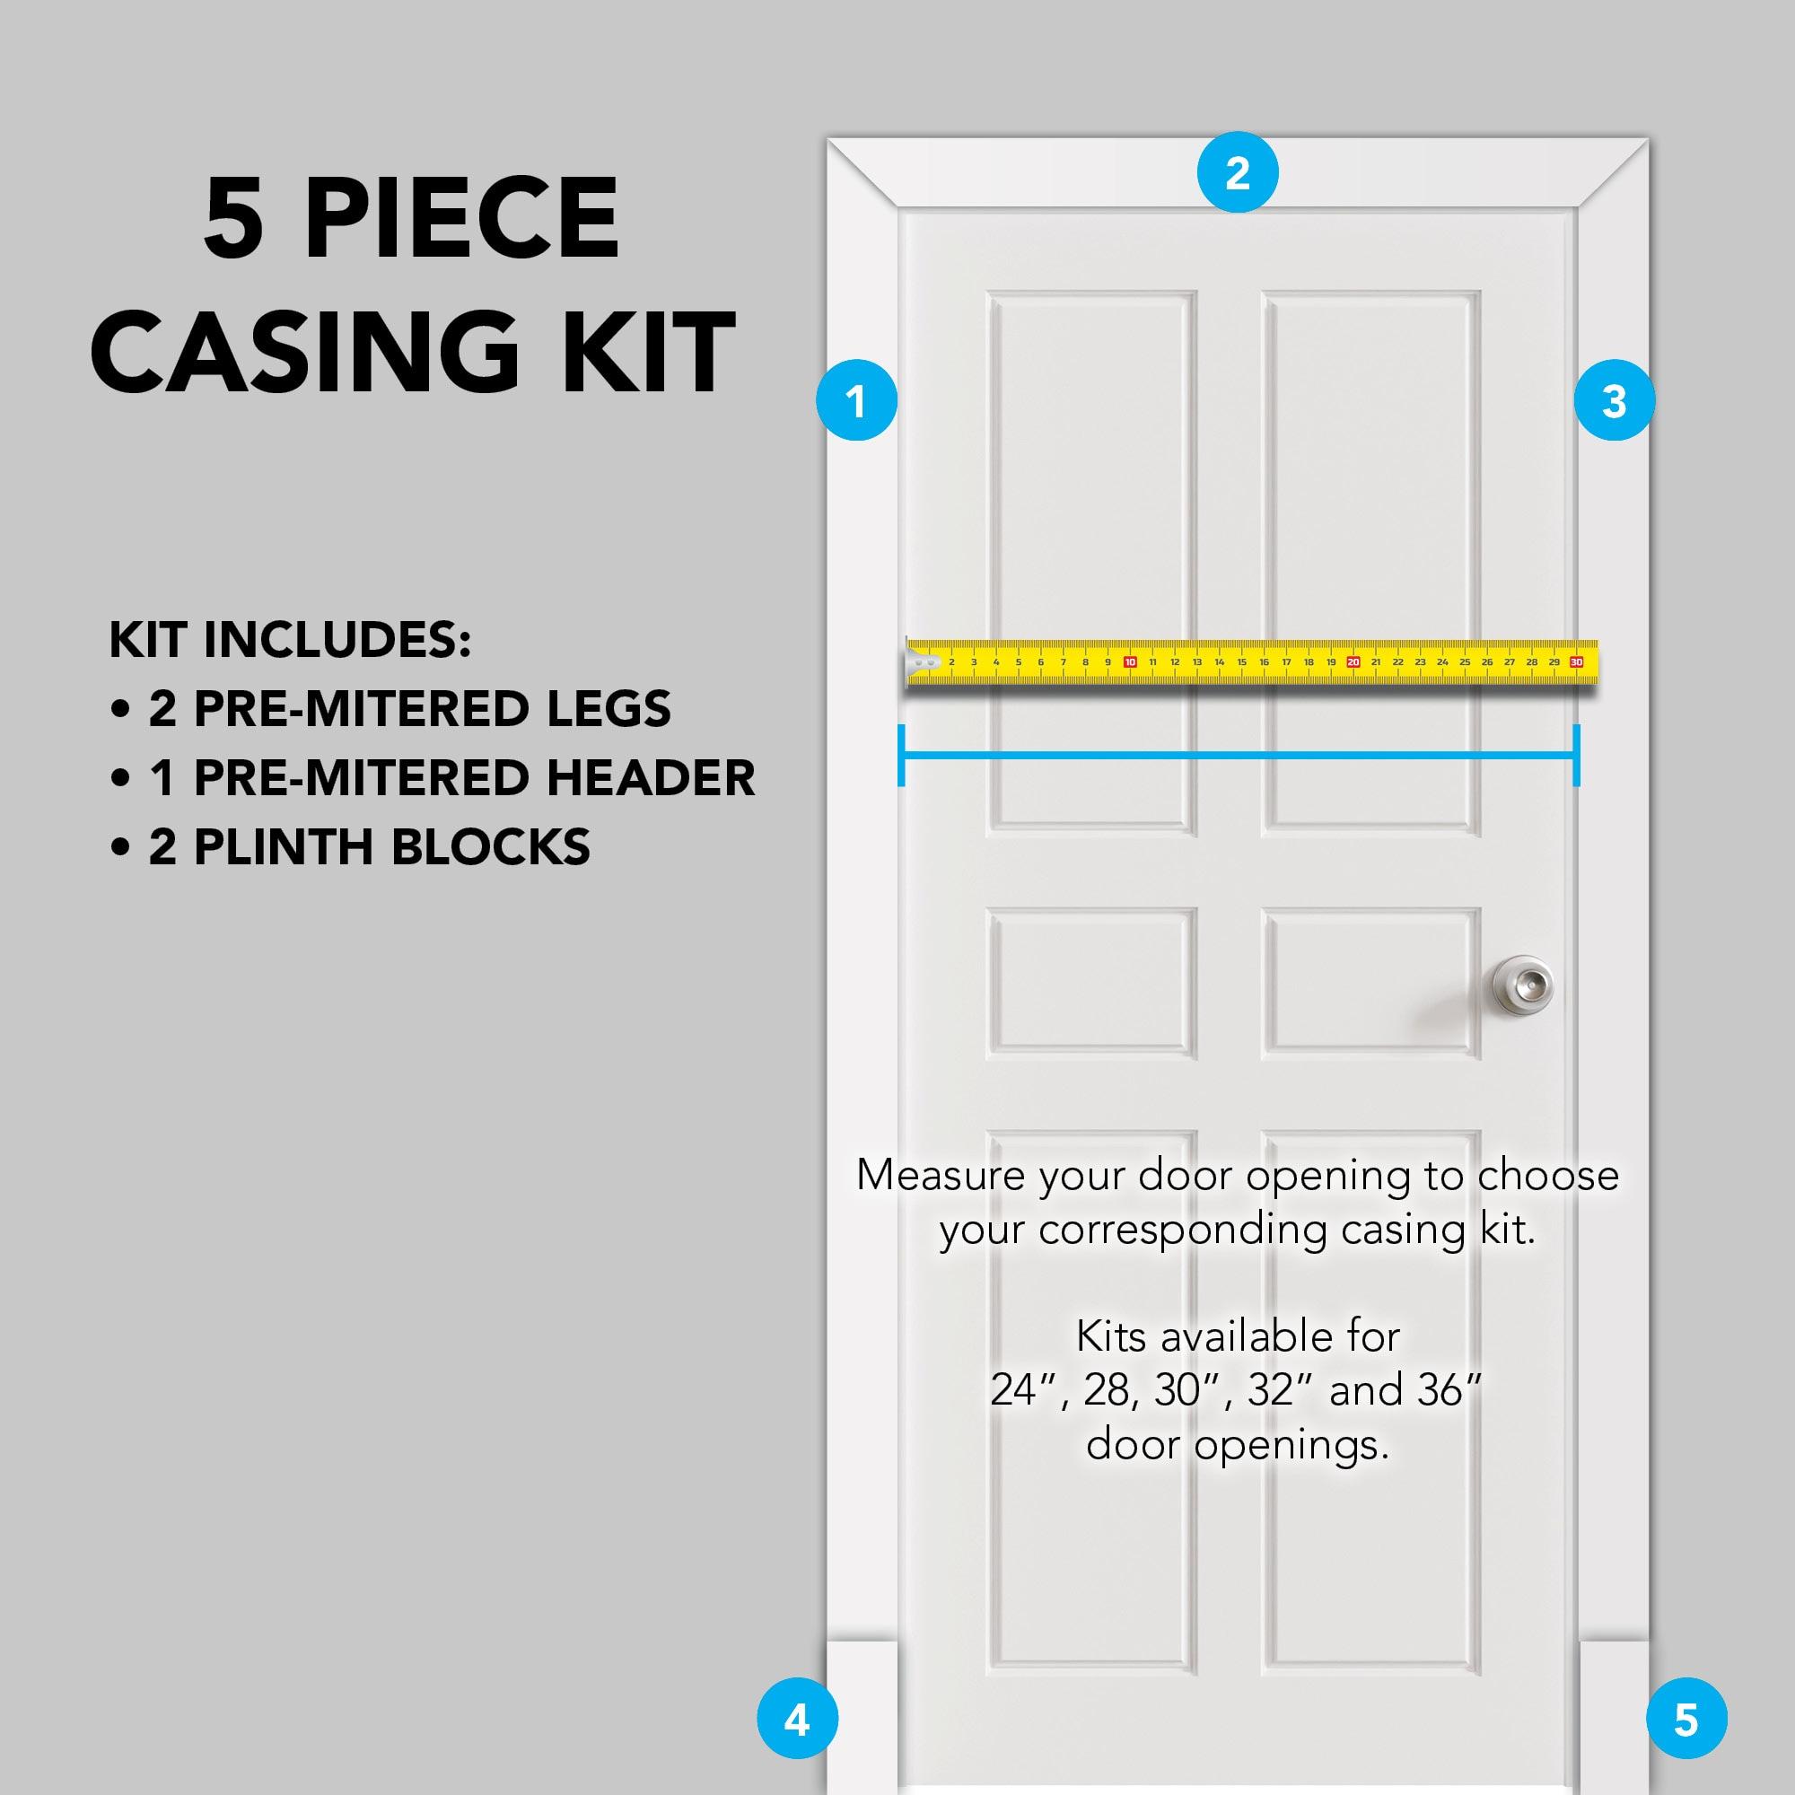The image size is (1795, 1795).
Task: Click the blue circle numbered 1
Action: click(855, 400)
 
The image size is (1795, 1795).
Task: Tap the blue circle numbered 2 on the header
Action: click(1237, 173)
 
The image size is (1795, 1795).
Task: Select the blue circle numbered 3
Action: click(1614, 400)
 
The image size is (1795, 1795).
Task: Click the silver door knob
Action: click(1522, 985)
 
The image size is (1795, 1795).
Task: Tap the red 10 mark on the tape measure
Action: click(1130, 662)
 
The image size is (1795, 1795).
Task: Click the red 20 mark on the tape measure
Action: click(1353, 662)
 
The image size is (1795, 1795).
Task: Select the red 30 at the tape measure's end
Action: click(1576, 662)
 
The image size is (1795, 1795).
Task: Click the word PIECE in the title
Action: click(460, 219)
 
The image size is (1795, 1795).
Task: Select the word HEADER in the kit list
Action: click(651, 777)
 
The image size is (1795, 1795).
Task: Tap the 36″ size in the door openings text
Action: click(1449, 1390)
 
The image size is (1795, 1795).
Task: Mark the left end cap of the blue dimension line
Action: click(901, 756)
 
